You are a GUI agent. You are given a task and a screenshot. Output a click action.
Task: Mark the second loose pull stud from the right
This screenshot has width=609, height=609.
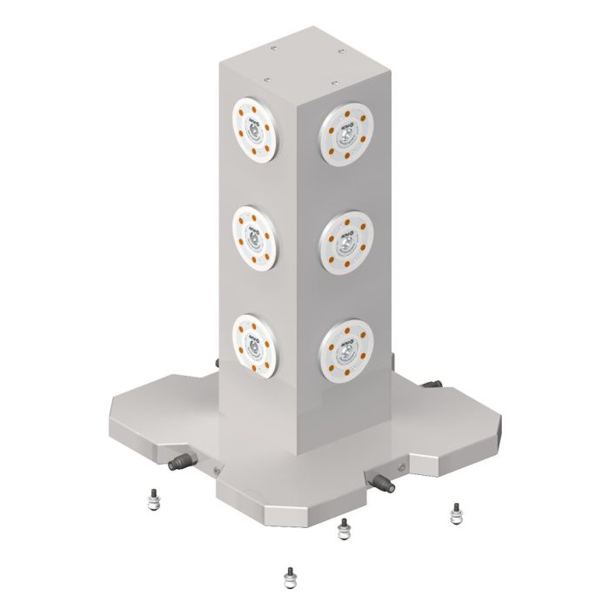(344, 529)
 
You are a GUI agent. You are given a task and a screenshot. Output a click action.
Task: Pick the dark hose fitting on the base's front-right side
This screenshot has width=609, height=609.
(381, 479)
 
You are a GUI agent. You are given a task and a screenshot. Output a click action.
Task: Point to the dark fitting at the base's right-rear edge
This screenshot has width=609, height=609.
(432, 385)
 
